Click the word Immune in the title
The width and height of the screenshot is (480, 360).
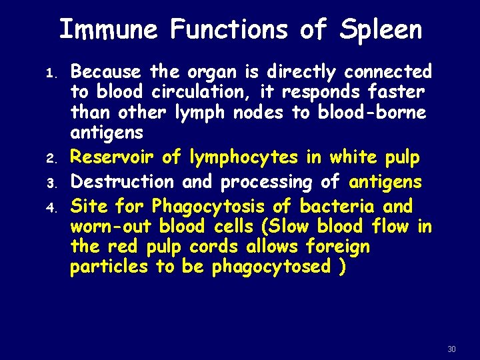coord(108,30)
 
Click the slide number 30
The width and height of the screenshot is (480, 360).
coord(451,349)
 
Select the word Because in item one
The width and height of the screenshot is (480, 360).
coord(106,71)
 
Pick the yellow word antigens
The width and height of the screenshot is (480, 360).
coord(385,181)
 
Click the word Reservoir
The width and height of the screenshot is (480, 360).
coord(113,157)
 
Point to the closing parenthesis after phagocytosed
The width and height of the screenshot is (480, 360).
coord(342,268)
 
